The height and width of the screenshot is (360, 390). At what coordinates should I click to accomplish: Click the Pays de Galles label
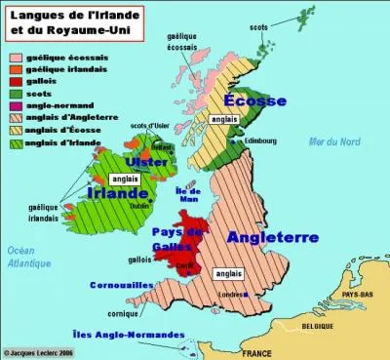(177, 237)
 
